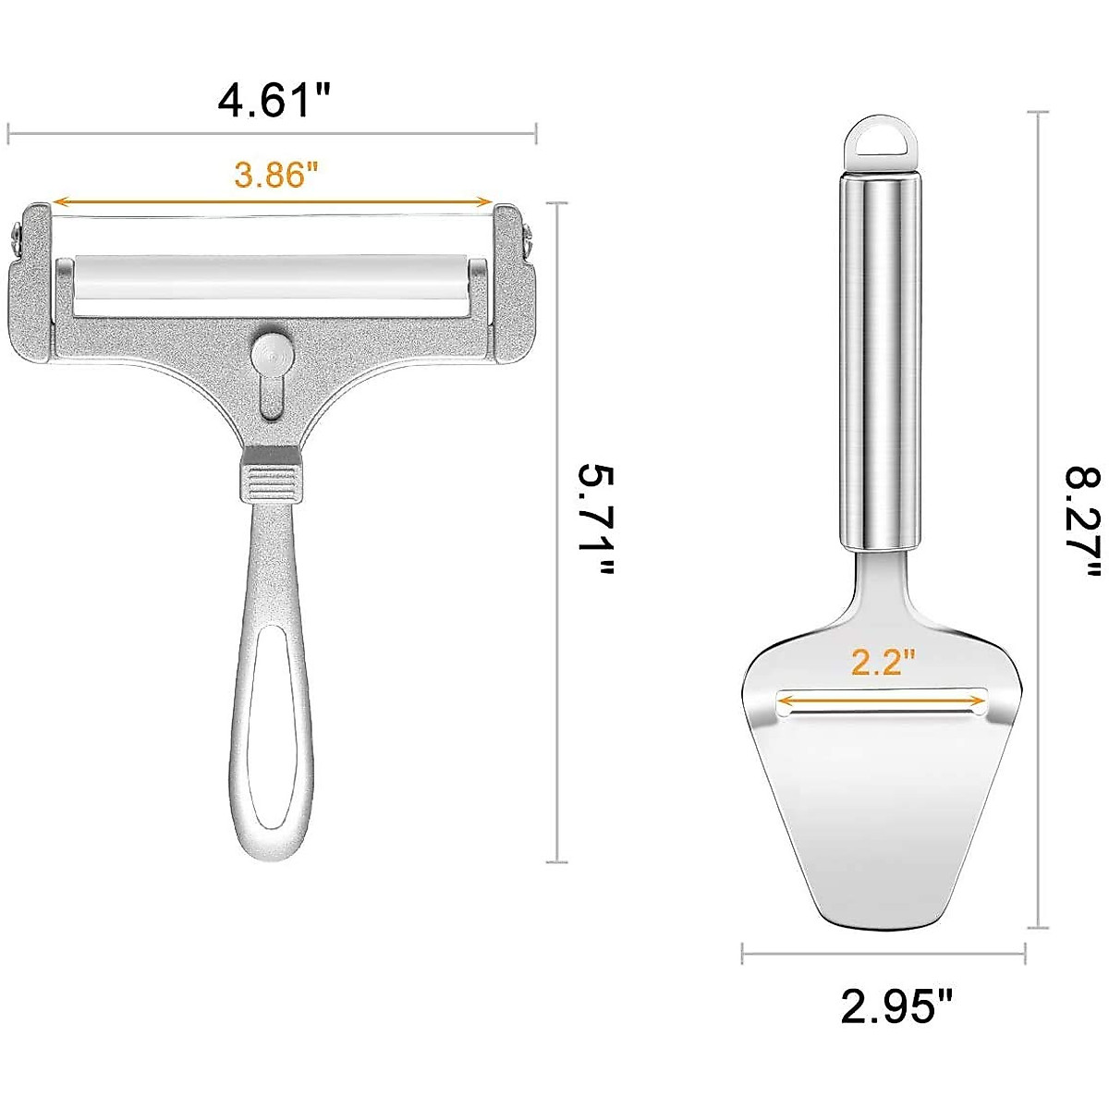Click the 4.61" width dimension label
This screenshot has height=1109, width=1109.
[x=274, y=100]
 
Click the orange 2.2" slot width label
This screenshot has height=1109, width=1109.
[x=883, y=662]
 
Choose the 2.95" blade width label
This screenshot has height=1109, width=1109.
[x=896, y=1005]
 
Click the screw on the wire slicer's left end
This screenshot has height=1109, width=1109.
[x=17, y=238]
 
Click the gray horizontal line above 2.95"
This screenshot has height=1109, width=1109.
[x=883, y=953]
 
